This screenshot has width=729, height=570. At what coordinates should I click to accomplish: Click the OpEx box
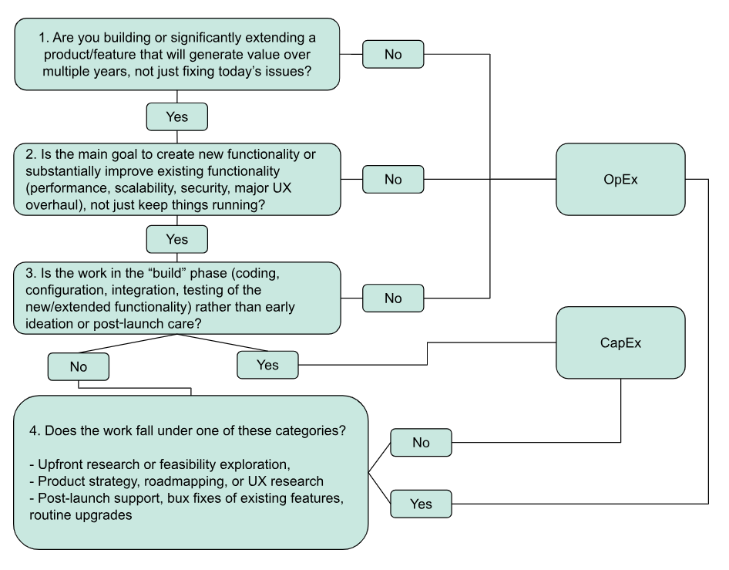[x=620, y=179]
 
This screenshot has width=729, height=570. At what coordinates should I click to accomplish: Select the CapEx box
[x=620, y=342]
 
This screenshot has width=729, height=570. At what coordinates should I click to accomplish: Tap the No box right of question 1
[x=393, y=55]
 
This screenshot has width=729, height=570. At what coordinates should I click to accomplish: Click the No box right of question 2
[x=393, y=179]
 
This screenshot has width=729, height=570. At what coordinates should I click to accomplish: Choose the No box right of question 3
[x=393, y=298]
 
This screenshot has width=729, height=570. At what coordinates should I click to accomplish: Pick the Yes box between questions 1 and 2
[x=177, y=116]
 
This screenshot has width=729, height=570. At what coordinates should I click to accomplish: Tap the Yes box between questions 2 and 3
[x=177, y=239]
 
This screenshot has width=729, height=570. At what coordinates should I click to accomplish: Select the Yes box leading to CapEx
[x=267, y=365]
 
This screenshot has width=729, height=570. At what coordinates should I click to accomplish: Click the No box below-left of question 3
[x=78, y=367]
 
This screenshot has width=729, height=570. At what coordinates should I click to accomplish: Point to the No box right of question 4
[x=422, y=443]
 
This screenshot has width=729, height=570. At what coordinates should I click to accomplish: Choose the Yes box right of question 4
[x=422, y=503]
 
